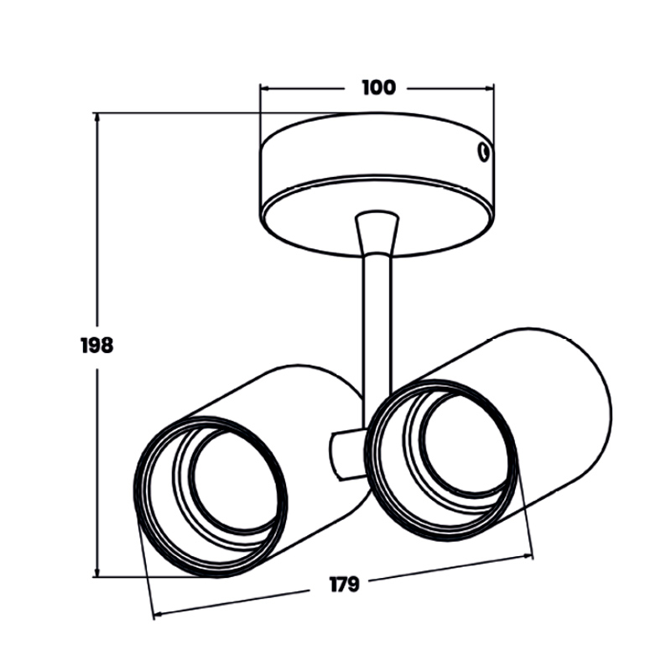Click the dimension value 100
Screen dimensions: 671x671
coord(379,88)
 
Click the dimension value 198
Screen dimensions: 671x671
coord(97,346)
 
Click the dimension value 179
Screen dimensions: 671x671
coord(345,585)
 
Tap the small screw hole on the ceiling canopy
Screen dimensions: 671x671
coord(483,152)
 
